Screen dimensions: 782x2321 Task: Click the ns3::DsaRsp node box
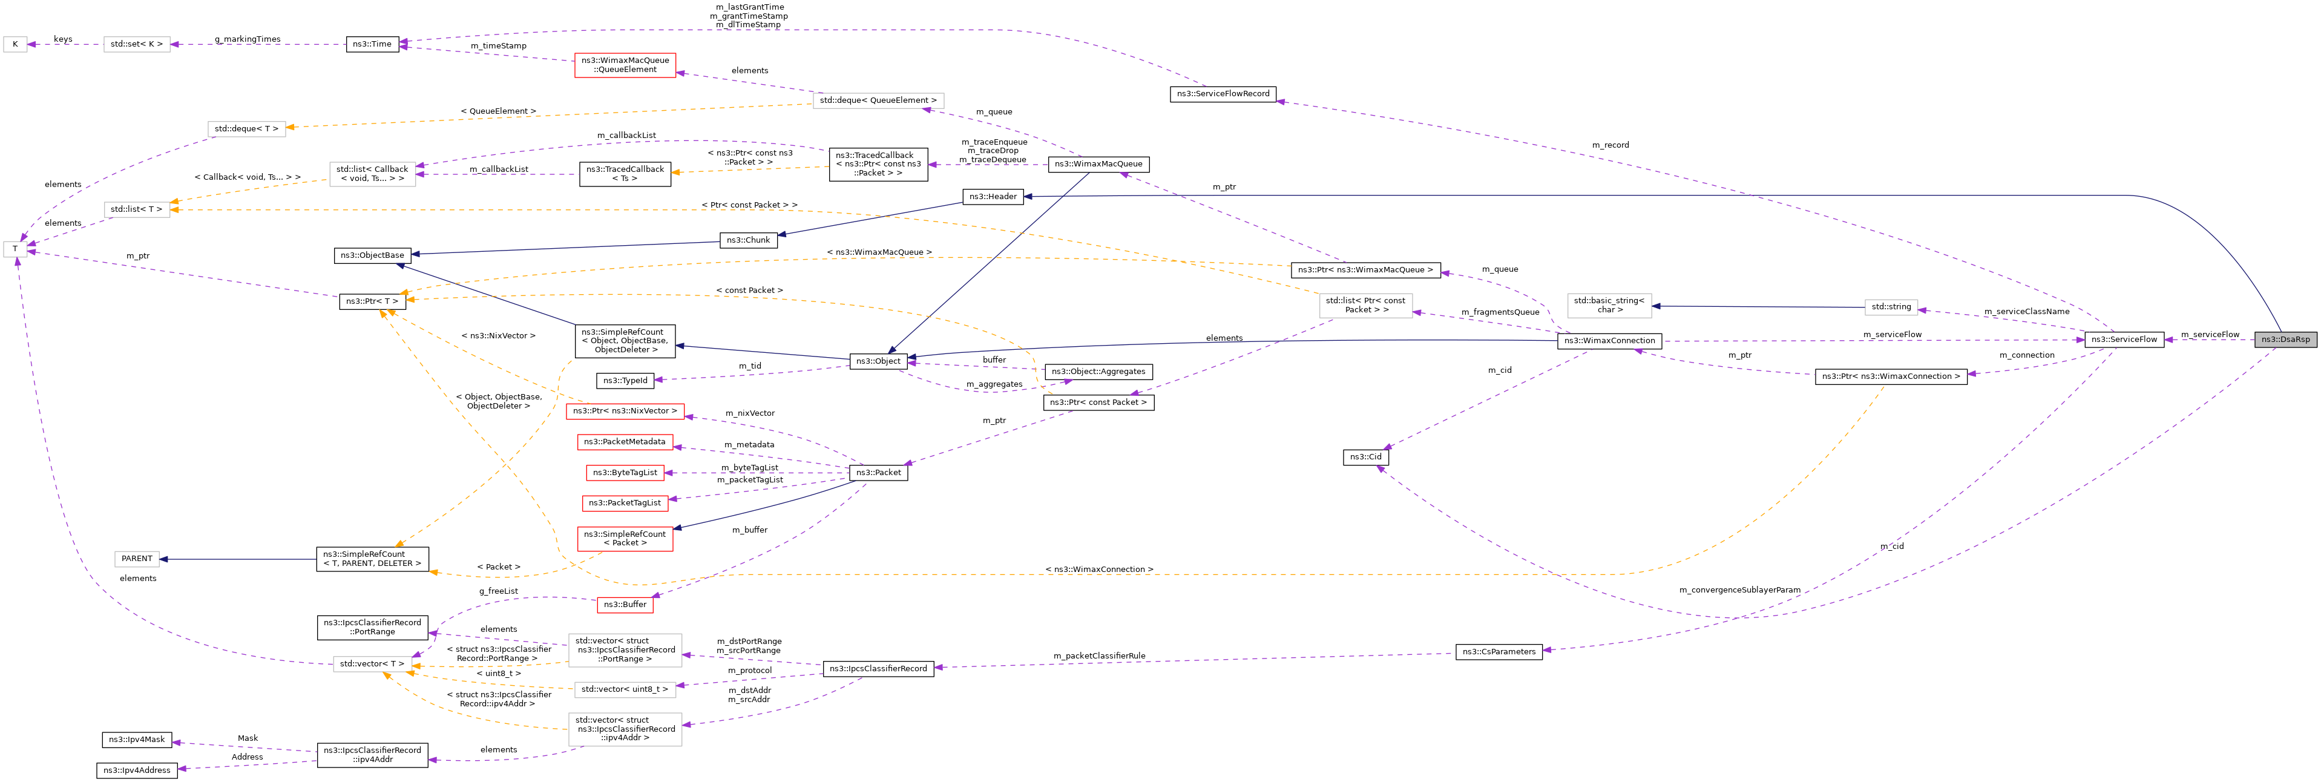click(x=2285, y=340)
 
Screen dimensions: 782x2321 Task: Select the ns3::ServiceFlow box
click(x=2124, y=340)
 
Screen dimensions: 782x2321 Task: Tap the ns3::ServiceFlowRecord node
click(x=1223, y=94)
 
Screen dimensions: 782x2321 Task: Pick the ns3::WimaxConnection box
click(x=1609, y=341)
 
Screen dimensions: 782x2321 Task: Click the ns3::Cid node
click(x=1365, y=457)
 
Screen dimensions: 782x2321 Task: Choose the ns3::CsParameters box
click(x=1499, y=651)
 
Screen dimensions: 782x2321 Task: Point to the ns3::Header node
click(x=993, y=196)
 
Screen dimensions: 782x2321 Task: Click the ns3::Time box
click(x=372, y=44)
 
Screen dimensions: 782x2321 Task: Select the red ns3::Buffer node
click(x=625, y=605)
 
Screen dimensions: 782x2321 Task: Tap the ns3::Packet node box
click(x=878, y=472)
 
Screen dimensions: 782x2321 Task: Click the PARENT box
click(x=137, y=559)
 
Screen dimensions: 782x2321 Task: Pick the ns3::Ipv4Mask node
click(x=136, y=740)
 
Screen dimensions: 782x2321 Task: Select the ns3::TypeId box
click(x=625, y=380)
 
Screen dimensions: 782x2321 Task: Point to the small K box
click(x=15, y=44)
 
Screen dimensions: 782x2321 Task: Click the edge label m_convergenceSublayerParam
click(x=1739, y=590)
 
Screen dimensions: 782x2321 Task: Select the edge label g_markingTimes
click(x=248, y=39)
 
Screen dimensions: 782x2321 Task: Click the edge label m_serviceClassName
click(x=2026, y=312)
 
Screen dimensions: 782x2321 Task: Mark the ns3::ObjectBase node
click(x=372, y=255)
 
